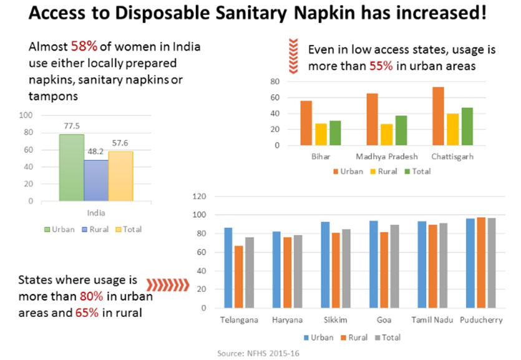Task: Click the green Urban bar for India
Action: click(x=71, y=168)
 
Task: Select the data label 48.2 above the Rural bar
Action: click(x=95, y=152)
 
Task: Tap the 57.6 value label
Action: click(x=120, y=143)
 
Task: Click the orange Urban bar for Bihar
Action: click(x=306, y=123)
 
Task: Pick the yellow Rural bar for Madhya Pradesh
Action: click(x=387, y=135)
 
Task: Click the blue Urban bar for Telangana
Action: click(x=228, y=268)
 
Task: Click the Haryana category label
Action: click(x=286, y=320)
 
